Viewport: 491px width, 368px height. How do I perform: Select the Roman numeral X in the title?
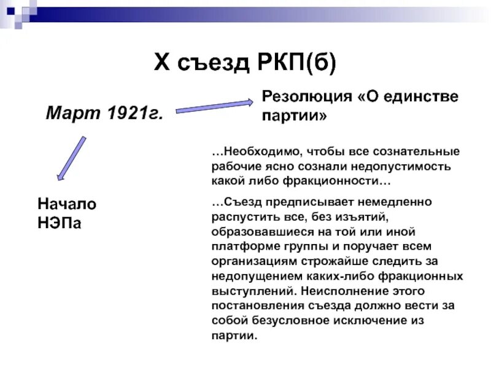coord(161,63)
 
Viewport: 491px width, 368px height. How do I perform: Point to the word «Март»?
coord(71,112)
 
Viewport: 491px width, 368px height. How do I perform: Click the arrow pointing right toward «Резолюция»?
coord(214,105)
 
